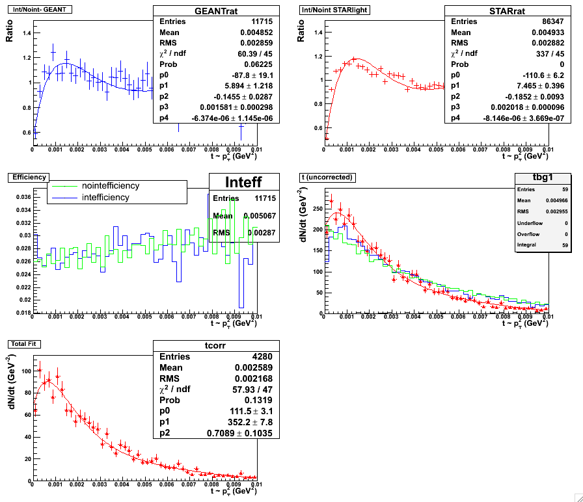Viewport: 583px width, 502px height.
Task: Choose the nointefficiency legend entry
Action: (111, 186)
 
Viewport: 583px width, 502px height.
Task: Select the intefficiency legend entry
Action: (105, 197)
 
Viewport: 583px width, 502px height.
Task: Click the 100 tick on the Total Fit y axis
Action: (24, 371)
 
